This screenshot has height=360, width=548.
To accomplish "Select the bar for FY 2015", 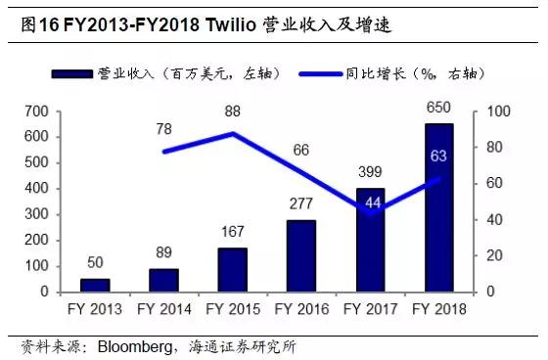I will tap(233, 270).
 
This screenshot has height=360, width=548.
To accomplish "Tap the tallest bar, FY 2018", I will tap(439, 207).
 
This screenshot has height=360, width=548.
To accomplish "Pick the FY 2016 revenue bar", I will tap(301, 255).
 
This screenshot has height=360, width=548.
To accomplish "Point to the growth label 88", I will tap(233, 112).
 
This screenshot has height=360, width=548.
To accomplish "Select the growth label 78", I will tap(163, 128).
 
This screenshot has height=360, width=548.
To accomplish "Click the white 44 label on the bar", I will tap(371, 203).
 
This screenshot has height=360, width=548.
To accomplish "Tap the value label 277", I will tap(301, 203).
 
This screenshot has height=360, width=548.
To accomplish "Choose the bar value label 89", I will tap(163, 252).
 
